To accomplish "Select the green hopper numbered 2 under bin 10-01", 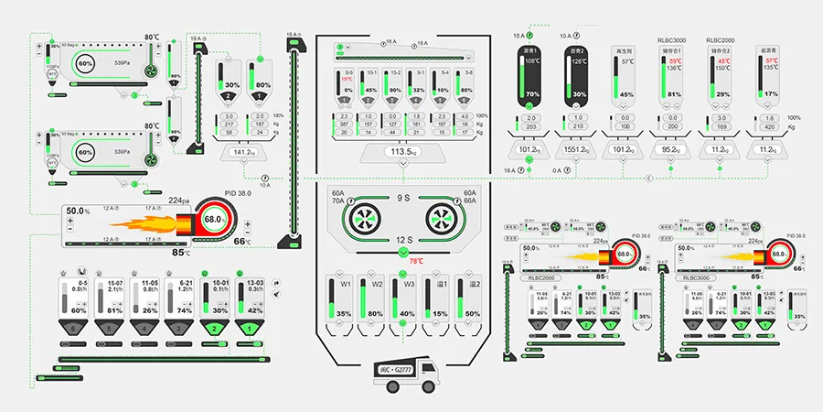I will [x=214, y=328].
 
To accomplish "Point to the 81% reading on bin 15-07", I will [x=114, y=310].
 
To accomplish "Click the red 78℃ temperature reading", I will [x=403, y=261].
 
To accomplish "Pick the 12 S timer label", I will [x=402, y=239].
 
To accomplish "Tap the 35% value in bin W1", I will [x=344, y=314].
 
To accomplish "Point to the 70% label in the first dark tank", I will [x=533, y=94].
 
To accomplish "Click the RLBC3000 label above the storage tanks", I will [x=669, y=40].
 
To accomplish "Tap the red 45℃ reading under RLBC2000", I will [x=723, y=61].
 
